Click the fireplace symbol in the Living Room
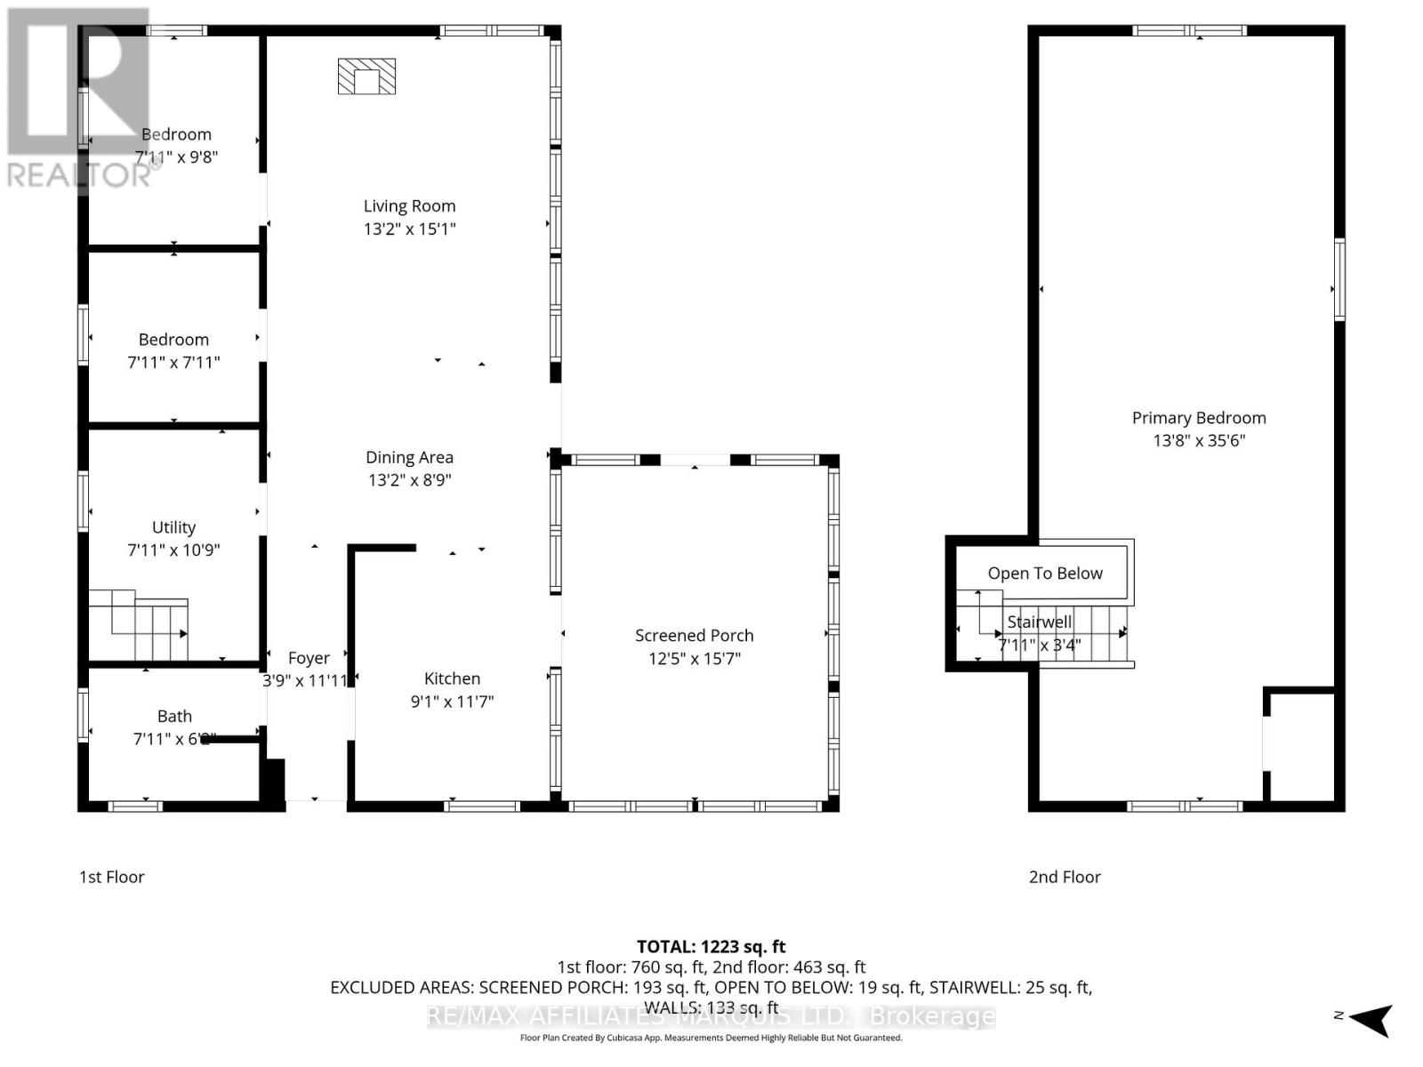[x=366, y=76]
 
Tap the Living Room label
[x=409, y=206]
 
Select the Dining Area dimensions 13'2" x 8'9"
[x=409, y=480]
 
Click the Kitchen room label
[x=452, y=678]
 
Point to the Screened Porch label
[x=694, y=636]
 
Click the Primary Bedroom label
[x=1198, y=418]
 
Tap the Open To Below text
[x=1044, y=574]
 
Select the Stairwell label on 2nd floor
[x=1039, y=622]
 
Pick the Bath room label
[x=174, y=716]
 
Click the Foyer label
[x=309, y=658]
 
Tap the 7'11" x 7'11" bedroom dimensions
[x=173, y=362]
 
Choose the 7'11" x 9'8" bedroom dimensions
[x=176, y=156]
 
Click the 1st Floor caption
[x=111, y=877]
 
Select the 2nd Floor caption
[x=1065, y=877]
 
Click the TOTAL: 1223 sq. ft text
[x=711, y=947]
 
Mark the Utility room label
[x=173, y=527]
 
